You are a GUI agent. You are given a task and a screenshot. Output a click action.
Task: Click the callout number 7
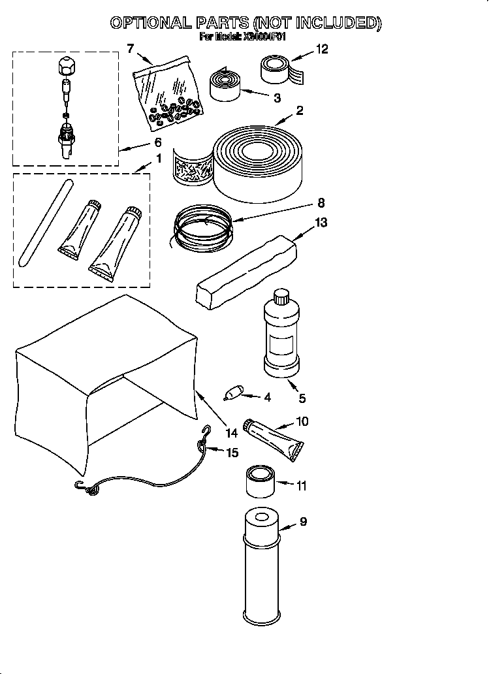(x=130, y=48)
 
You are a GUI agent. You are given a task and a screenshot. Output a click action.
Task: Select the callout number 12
(x=322, y=48)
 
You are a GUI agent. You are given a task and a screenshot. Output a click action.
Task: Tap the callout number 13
(x=321, y=222)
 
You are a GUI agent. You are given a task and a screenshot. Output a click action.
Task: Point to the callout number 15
(x=232, y=452)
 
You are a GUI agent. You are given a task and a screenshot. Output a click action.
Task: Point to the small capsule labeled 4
(x=232, y=394)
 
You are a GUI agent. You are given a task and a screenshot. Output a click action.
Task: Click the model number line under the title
(x=242, y=37)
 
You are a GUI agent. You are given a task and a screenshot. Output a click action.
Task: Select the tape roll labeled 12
(x=277, y=69)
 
